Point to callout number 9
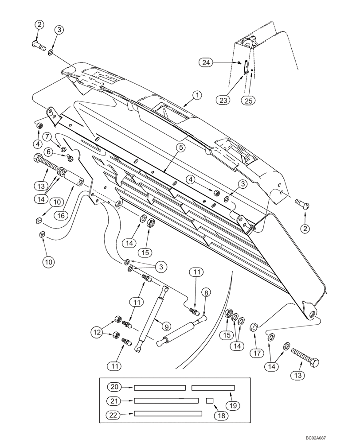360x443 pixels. [x=165, y=326]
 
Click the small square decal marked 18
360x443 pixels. [x=210, y=400]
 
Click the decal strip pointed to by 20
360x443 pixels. [x=160, y=388]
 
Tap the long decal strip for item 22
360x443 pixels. [x=168, y=414]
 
